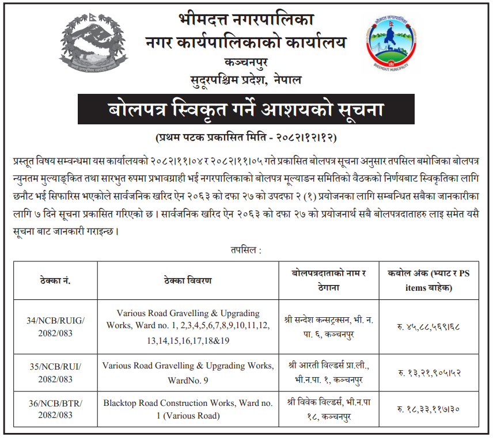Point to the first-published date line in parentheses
pos(246,138)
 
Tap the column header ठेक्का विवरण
pos(187,280)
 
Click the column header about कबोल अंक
pos(428,280)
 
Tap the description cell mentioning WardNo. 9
pos(188,372)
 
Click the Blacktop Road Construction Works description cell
pos(188,409)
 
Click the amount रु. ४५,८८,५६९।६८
pos(428,327)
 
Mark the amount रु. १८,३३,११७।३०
pos(428,409)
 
